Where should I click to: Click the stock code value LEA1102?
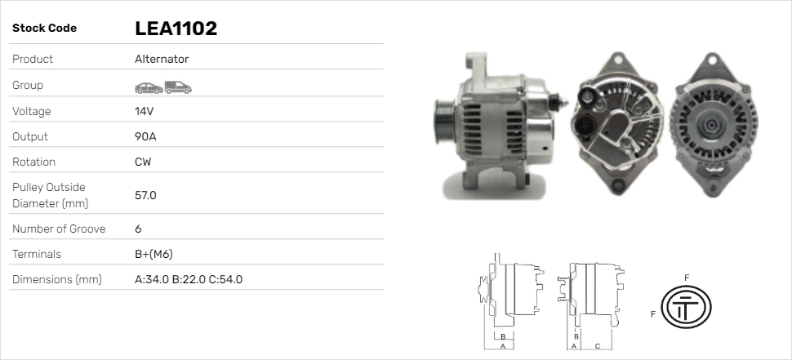tap(176, 29)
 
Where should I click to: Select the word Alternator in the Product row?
tap(162, 60)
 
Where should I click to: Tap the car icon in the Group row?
tap(148, 87)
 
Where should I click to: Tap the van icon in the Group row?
tap(177, 87)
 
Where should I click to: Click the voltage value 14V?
tap(145, 111)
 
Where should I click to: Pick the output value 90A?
tap(145, 136)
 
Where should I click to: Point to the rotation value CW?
tap(143, 162)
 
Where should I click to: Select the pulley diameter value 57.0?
tap(145, 195)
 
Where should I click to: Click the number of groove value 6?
tap(138, 229)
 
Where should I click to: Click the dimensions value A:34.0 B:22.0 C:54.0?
tap(189, 280)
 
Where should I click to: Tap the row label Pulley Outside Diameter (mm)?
tap(49, 195)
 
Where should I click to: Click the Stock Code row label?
tap(44, 29)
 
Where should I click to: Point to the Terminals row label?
tap(37, 254)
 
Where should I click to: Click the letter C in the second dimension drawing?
tap(597, 346)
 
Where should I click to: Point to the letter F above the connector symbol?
tap(687, 278)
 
